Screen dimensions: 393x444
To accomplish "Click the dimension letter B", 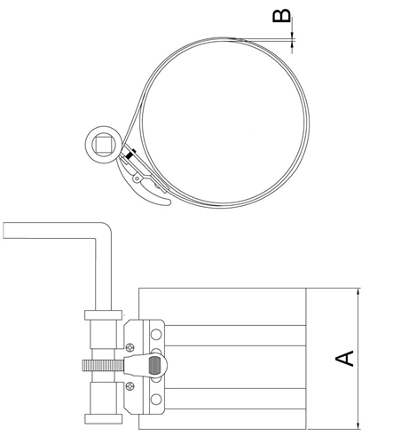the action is pos(281,16).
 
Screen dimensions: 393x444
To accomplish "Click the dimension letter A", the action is pos(344,359).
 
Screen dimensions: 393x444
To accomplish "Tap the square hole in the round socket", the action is pos(102,144).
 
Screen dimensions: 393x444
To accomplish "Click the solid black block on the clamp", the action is pos(130,155).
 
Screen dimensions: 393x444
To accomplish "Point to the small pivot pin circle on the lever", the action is pos(137,178).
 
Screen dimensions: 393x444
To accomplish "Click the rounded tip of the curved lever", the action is pos(169,202).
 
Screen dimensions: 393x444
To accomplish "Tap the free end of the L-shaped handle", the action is pos(4,230).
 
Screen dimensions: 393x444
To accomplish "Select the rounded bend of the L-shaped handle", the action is pos(106,228).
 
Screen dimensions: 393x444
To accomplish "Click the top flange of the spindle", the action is pos(103,315).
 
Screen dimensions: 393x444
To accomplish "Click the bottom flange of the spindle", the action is pos(103,419).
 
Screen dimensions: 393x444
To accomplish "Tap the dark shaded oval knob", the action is pos(154,366).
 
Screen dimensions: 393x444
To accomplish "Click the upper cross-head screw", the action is pos(130,346).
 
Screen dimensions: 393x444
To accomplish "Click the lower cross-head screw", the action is pos(130,385).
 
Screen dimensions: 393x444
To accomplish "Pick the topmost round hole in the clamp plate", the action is pos(156,334).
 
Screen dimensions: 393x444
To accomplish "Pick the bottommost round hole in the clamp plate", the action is pos(156,399).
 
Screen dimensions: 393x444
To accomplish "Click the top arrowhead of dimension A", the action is pos(358,291).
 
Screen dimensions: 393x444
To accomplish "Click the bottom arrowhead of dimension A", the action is pos(358,425).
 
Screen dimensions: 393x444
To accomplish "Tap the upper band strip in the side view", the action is pos(235,336).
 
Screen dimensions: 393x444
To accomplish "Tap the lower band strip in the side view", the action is pos(235,399).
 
